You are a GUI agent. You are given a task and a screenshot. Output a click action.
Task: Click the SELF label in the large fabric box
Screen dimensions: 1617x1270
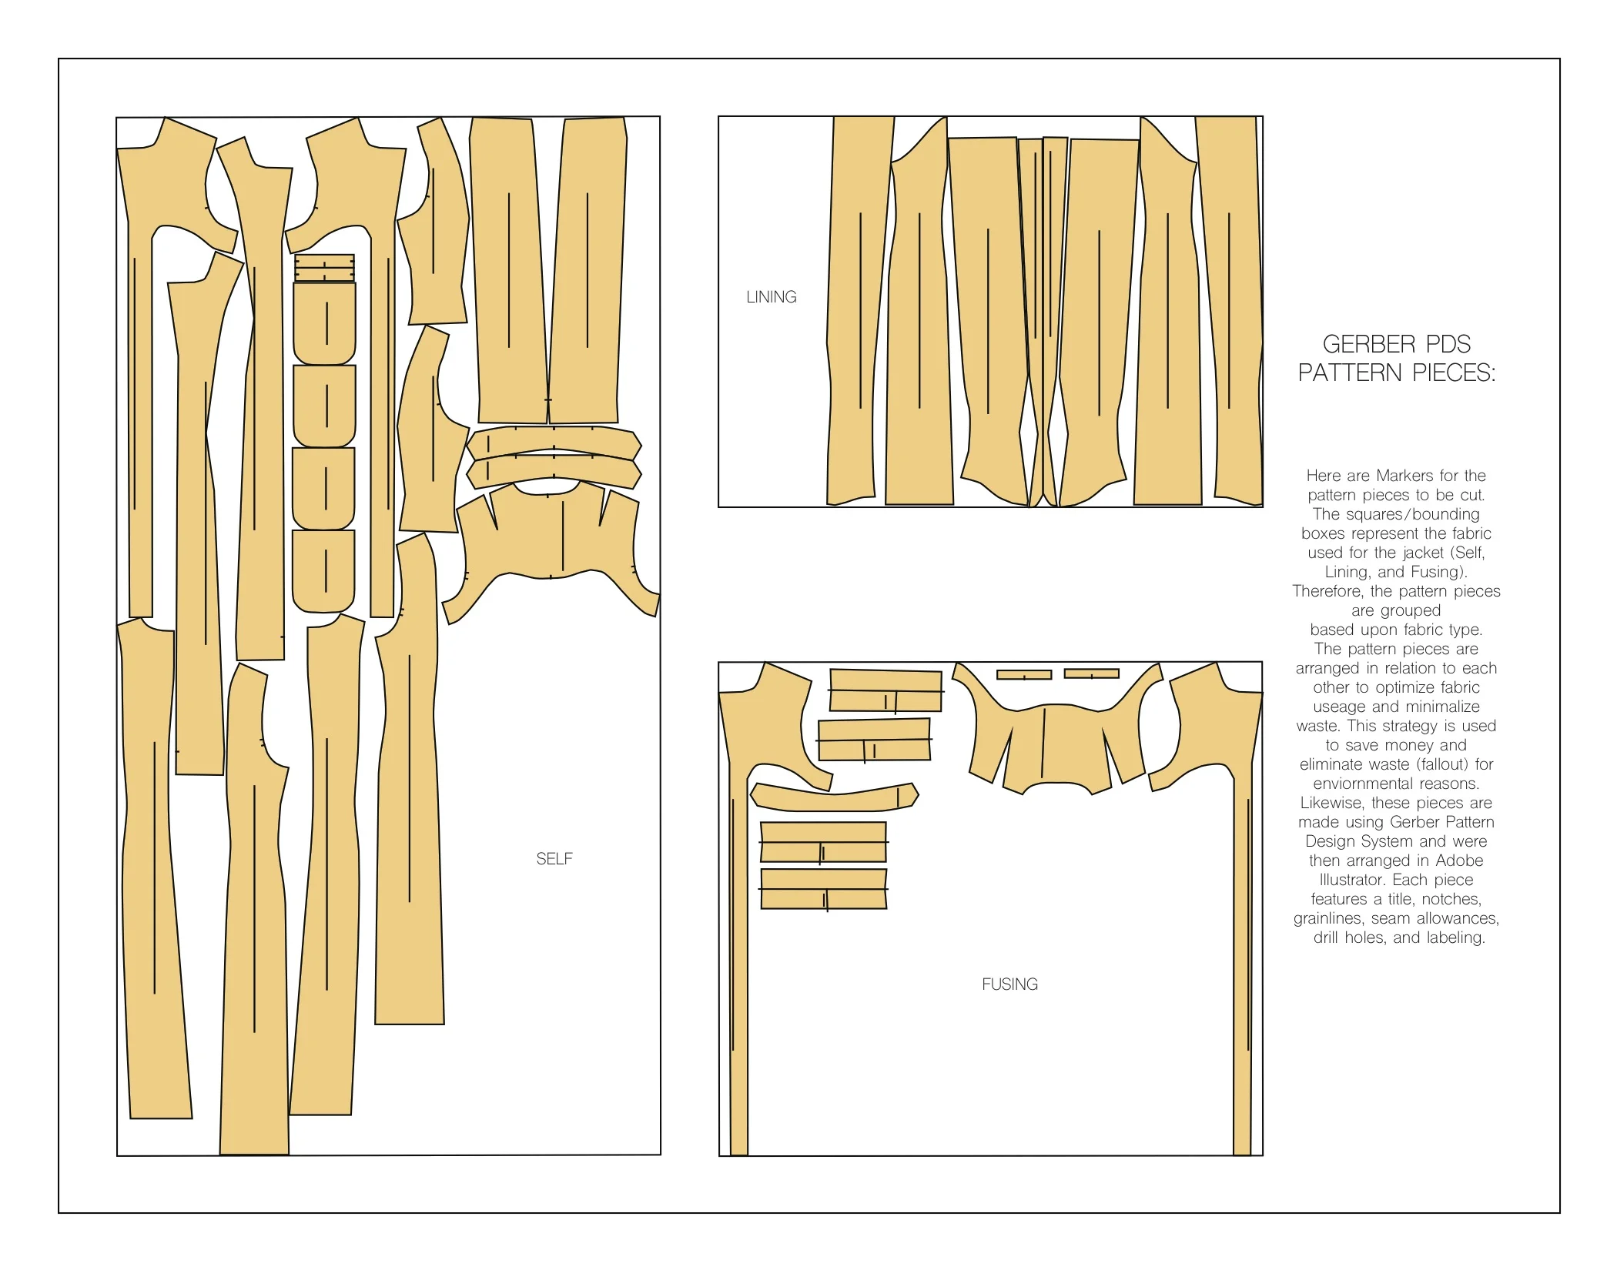coord(554,859)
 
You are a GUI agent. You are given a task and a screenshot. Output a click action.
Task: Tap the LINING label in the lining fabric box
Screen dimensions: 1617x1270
coord(771,297)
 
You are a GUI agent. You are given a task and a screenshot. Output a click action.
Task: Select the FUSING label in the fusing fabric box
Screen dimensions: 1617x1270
coord(1009,984)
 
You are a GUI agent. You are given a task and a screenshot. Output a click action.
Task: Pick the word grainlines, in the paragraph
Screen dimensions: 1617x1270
coord(1329,918)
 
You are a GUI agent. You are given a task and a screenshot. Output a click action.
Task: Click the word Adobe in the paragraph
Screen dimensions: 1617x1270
coord(1459,861)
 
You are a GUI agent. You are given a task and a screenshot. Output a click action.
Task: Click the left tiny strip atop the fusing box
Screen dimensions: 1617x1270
coord(1024,675)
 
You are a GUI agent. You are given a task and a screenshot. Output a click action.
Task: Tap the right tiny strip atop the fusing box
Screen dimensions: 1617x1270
coord(1091,674)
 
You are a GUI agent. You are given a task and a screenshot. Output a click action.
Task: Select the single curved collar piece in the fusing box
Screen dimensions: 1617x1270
coord(835,798)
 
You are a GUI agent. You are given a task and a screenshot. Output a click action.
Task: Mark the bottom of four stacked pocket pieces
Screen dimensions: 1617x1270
coord(324,570)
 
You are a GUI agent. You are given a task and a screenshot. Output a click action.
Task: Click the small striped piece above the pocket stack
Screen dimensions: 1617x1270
coord(324,269)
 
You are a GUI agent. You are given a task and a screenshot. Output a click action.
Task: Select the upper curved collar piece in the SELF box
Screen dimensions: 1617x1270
coord(554,441)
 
